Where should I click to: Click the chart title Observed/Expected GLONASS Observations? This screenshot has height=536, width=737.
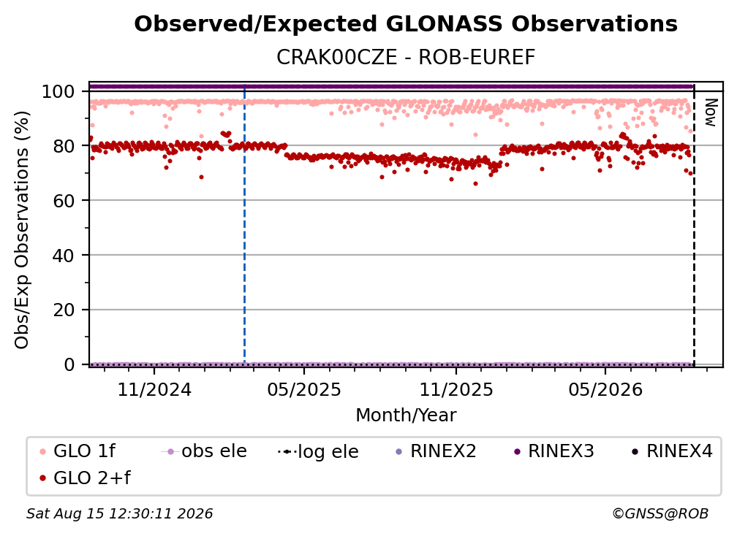pyautogui.click(x=406, y=24)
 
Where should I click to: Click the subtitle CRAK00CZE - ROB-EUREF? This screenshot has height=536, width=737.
pyautogui.click(x=406, y=58)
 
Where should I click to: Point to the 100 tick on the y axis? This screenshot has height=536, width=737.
pyautogui.click(x=58, y=91)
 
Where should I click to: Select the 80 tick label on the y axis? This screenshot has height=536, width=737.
pyautogui.click(x=64, y=146)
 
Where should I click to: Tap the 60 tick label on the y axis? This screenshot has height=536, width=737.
pyautogui.click(x=64, y=200)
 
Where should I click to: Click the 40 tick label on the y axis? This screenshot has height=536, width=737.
pyautogui.click(x=64, y=256)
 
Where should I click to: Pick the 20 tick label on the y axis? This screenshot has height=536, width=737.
pyautogui.click(x=64, y=310)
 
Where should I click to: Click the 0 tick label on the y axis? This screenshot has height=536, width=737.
pyautogui.click(x=69, y=364)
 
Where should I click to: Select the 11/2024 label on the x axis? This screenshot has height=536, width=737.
pyautogui.click(x=154, y=390)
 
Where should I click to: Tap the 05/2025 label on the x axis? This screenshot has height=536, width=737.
pyautogui.click(x=304, y=390)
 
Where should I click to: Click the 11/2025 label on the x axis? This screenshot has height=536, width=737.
pyautogui.click(x=456, y=390)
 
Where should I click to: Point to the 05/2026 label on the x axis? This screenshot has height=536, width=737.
pyautogui.click(x=605, y=390)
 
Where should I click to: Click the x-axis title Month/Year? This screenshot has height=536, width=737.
pyautogui.click(x=406, y=416)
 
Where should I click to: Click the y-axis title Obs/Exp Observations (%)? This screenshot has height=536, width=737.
pyautogui.click(x=22, y=230)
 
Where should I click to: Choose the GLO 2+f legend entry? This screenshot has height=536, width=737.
pyautogui.click(x=85, y=478)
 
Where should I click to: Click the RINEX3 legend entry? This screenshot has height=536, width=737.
pyautogui.click(x=554, y=451)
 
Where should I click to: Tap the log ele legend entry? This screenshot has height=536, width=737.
pyautogui.click(x=318, y=451)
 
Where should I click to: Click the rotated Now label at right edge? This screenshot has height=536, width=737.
pyautogui.click(x=710, y=112)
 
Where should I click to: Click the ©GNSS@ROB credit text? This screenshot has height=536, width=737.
pyautogui.click(x=660, y=514)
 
